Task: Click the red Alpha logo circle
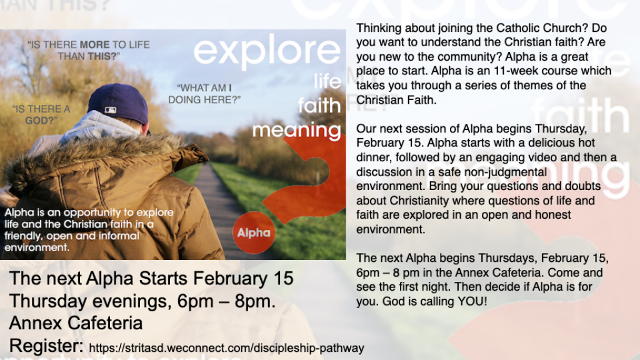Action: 254,232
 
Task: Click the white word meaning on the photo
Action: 296,130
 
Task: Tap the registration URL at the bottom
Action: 226,348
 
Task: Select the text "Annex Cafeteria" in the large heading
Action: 76,323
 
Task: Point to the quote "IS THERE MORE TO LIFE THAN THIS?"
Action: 88,50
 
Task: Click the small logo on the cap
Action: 111,110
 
